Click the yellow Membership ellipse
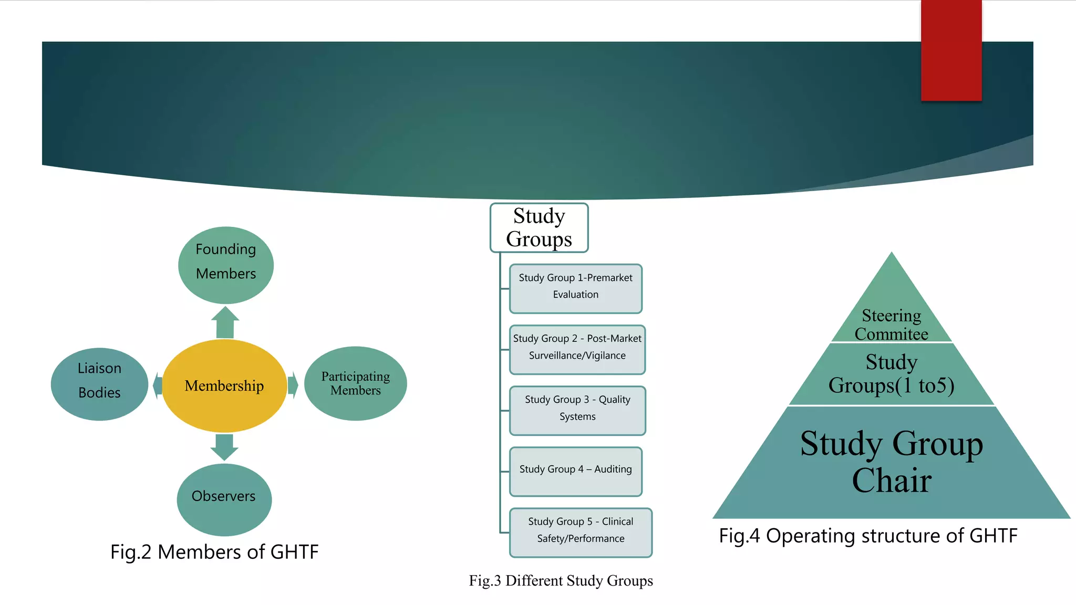coord(224,386)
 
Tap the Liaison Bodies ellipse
coord(99,384)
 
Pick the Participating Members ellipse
coord(356,383)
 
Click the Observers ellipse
coord(224,499)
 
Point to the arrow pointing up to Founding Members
coord(225,322)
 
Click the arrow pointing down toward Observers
coord(224,446)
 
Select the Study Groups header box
coord(539,227)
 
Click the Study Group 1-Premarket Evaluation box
coord(576,288)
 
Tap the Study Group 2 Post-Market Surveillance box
coord(577,349)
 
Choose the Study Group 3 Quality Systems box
coord(577,410)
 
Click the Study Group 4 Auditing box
coord(576,471)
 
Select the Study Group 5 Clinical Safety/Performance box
coord(581,532)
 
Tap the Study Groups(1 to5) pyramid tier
coord(892,374)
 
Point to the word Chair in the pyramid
coord(892,481)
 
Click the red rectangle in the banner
coord(951,50)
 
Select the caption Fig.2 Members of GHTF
coord(214,552)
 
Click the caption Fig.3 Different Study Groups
coord(561,580)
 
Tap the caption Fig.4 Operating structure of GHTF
coord(868,536)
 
